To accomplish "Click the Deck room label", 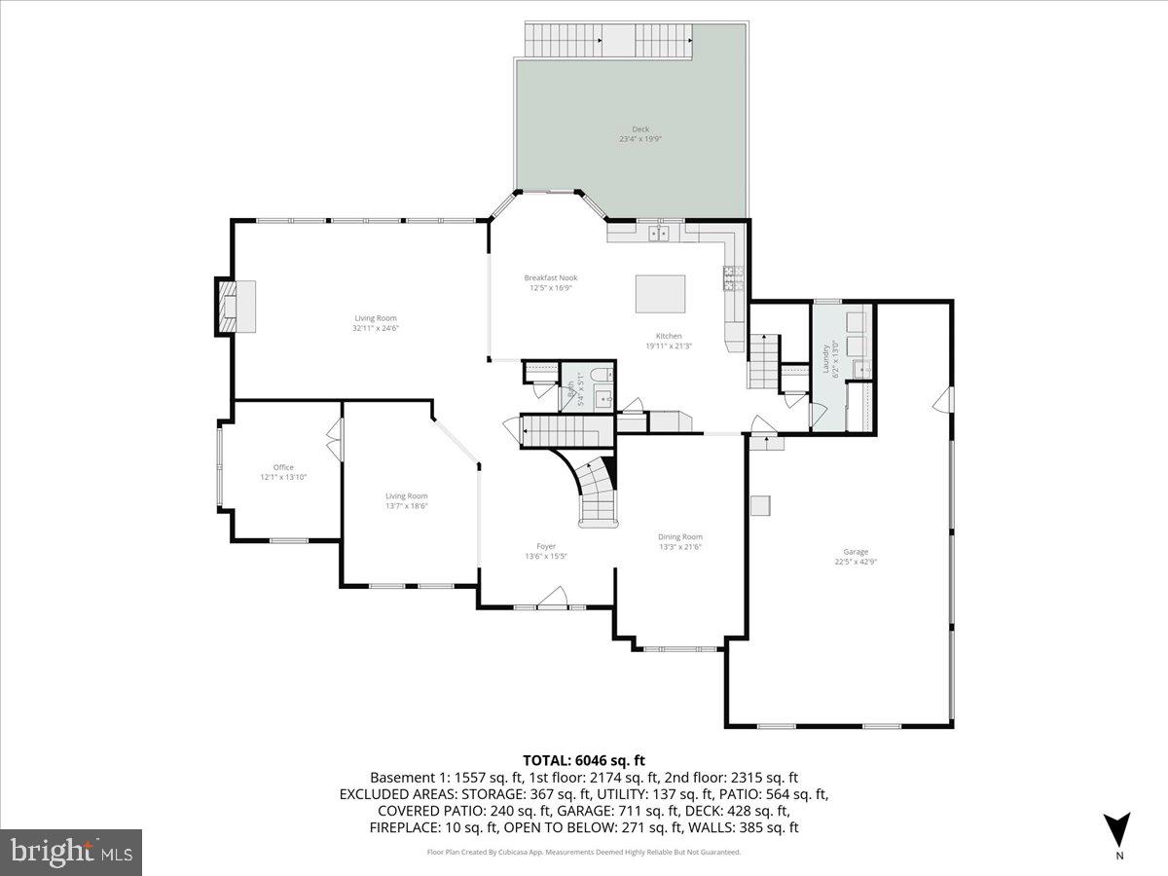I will pos(639,128).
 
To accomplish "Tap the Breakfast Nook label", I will pos(550,278).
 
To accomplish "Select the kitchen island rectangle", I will pos(660,294).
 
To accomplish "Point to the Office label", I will pos(282,467).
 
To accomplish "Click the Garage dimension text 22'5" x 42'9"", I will pos(856,562).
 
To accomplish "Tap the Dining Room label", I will pos(679,536).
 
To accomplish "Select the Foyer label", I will pos(545,546).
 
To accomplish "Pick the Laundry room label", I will pos(826,357).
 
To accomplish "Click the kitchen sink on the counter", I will pos(659,232).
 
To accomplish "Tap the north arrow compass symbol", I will pos(1118,829).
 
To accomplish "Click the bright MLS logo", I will pos(71,852).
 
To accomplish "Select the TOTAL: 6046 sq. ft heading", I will pos(583,760).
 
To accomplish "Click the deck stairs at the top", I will pos(608,41).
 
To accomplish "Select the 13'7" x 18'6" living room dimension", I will pos(406,506).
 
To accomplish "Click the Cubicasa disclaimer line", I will pos(583,852).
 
